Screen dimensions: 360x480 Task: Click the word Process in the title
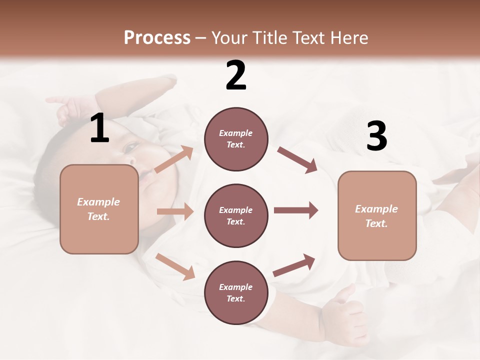point(157,38)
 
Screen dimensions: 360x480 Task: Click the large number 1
point(99,128)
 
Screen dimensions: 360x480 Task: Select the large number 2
point(236,75)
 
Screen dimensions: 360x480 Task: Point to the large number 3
point(376,136)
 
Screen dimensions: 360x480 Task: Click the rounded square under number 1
point(99,209)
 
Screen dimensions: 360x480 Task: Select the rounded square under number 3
point(377,215)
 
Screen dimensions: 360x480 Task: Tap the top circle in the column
point(236,139)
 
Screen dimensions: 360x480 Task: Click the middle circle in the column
point(236,215)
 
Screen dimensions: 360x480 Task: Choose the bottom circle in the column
point(236,292)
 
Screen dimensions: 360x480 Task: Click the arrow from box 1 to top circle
point(174,159)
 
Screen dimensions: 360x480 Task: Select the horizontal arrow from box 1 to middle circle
point(175,211)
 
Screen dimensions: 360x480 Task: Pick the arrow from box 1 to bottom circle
point(175,266)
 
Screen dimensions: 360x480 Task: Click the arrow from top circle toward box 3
point(297,160)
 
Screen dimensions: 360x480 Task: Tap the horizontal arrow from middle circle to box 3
point(296,210)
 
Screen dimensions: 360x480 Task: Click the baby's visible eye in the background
point(131,147)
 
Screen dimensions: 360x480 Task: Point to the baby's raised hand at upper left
point(67,107)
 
